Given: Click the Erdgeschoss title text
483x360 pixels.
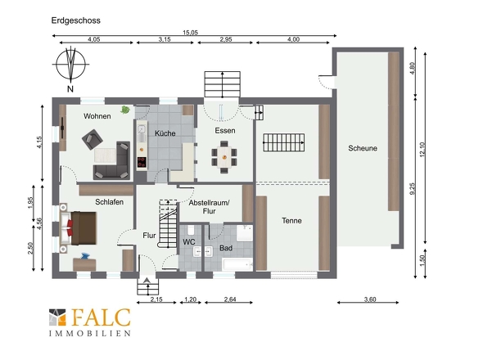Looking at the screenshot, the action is click(x=76, y=20).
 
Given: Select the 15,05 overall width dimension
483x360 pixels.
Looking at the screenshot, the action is click(x=190, y=33).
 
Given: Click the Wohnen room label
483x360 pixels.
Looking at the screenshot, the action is click(x=97, y=116).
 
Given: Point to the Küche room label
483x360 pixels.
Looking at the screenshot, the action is click(x=165, y=133).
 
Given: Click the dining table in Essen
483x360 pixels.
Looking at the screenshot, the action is click(x=224, y=157).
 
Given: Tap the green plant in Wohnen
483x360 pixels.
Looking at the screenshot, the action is click(x=124, y=110).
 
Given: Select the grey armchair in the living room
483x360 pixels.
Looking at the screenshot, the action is click(x=93, y=140).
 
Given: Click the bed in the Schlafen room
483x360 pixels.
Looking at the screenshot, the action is click(x=79, y=228).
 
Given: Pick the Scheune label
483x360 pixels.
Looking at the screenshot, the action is click(x=363, y=148).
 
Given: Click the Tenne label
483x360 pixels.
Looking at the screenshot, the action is click(x=291, y=220).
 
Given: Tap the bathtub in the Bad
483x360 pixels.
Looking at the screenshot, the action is click(x=237, y=265).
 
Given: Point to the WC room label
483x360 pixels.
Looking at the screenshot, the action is click(x=189, y=242).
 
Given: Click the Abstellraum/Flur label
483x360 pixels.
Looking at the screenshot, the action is click(x=209, y=207).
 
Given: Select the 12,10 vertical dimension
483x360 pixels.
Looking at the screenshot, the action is click(x=422, y=149).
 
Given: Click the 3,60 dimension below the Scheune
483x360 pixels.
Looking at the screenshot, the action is click(x=370, y=299).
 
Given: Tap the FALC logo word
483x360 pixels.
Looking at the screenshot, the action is click(x=101, y=317).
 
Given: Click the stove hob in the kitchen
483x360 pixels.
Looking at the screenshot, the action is click(x=142, y=162).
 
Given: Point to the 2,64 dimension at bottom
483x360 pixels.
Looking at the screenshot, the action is click(x=230, y=299).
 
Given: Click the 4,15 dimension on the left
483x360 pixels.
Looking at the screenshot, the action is click(x=39, y=142).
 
